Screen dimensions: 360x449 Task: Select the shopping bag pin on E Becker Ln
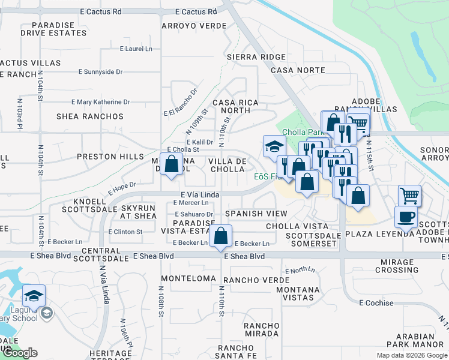click(x=221, y=236)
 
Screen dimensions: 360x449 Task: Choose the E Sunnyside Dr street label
click(x=100, y=71)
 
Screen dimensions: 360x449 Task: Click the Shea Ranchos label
click(x=90, y=116)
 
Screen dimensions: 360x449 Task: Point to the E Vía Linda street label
click(x=200, y=195)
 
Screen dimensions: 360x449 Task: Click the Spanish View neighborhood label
click(x=256, y=214)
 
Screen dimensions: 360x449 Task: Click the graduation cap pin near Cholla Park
click(x=274, y=146)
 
